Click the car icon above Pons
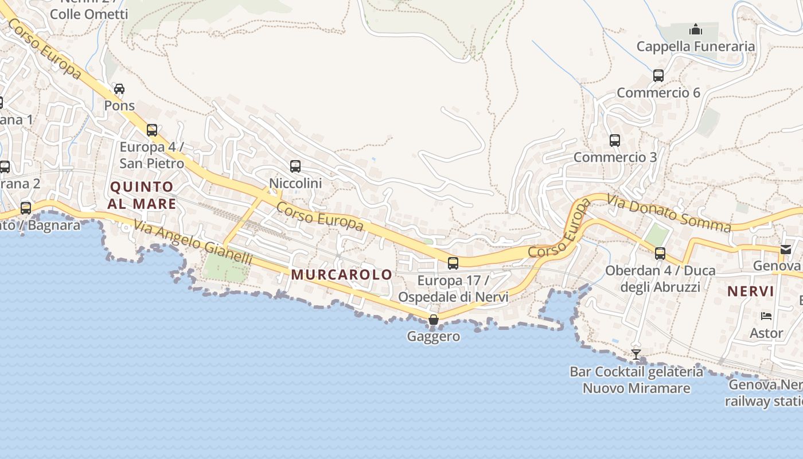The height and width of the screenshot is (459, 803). pos(119,89)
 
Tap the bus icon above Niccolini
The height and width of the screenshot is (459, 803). pos(295,166)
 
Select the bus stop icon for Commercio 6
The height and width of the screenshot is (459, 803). pos(658,76)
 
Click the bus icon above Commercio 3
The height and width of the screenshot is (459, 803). pos(615,140)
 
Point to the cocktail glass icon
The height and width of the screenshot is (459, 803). pos(636,354)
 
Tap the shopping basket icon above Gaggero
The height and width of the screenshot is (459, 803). pos(434,320)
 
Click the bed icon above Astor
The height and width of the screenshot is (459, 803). pos(766,316)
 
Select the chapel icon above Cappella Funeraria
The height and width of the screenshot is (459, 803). pos(696,29)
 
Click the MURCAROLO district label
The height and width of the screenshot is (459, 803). pos(342,275)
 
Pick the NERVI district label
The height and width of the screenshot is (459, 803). pos(751,291)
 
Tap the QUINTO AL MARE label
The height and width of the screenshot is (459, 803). pos(142,195)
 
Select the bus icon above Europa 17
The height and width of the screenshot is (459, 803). pos(453,263)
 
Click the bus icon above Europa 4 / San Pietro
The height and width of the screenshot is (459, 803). pos(152,130)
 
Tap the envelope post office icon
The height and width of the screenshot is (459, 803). pos(785,250)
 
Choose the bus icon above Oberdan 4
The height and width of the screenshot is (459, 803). pos(660,253)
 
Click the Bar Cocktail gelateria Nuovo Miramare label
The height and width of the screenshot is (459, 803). pos(636,380)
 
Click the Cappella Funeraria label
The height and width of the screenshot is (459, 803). pos(696,46)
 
